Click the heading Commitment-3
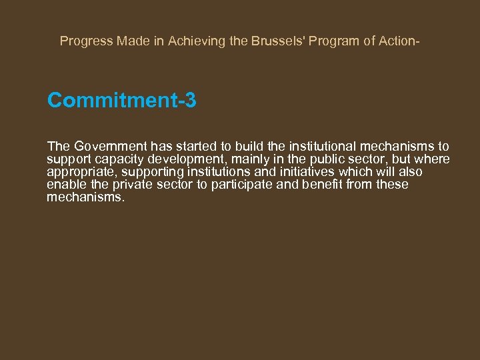[121, 101]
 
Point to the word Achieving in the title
[194, 41]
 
